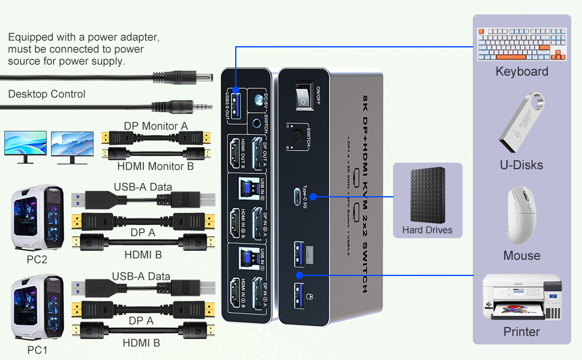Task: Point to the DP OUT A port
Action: tap(259, 155)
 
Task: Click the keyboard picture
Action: tap(521, 44)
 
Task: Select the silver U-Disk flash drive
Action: tap(521, 123)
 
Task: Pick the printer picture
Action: tap(521, 298)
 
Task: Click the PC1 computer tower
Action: tap(37, 307)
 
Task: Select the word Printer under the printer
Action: tap(521, 332)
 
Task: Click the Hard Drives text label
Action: tap(427, 230)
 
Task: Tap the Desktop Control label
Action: tap(47, 94)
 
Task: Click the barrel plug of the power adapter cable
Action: tap(201, 78)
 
